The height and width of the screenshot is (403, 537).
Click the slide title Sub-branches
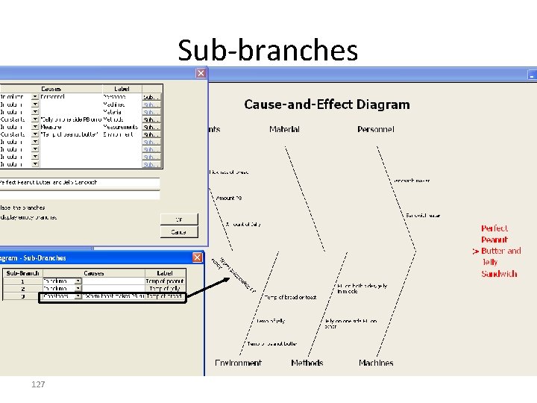[268, 51]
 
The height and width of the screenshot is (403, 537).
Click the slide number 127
[39, 384]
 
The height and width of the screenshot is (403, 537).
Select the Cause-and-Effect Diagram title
[327, 104]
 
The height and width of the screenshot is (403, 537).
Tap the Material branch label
[284, 130]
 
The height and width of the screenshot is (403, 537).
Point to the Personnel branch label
[376, 130]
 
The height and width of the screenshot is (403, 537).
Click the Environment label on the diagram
[238, 363]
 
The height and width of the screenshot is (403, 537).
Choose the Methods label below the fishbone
[307, 363]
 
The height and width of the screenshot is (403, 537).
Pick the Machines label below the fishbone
[376, 363]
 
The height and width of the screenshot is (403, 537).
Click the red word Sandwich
[499, 274]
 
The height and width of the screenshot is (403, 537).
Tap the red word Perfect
[494, 228]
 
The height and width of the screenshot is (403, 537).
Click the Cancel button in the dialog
[179, 232]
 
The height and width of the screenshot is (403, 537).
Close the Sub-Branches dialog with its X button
[198, 257]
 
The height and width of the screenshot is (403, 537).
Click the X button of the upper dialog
[201, 73]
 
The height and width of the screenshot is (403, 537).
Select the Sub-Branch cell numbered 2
[22, 288]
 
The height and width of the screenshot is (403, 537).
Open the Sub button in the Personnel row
[151, 97]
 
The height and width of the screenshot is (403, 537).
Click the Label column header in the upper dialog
[121, 89]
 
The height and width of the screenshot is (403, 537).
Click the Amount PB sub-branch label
[229, 199]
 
